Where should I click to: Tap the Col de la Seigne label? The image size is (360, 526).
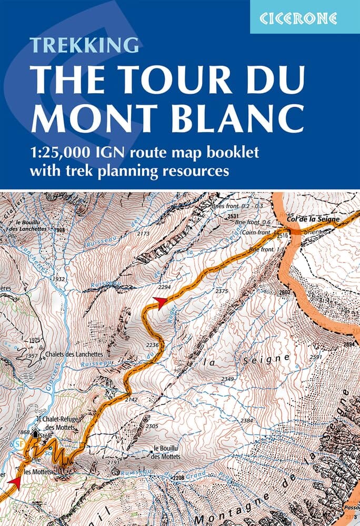pos(315,218)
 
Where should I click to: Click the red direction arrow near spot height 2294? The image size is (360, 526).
pos(159,301)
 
